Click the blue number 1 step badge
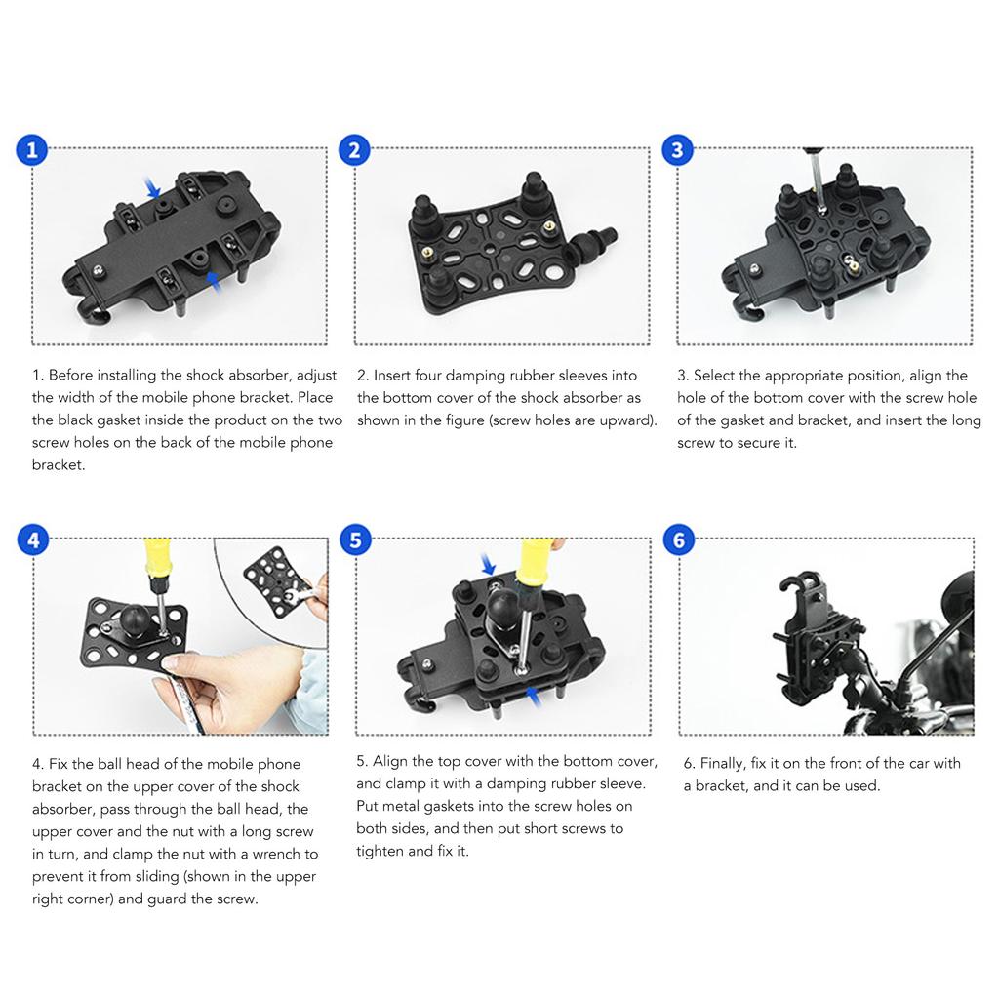(32, 149)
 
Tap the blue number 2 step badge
(354, 150)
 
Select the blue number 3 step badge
(677, 149)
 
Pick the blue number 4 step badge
(33, 540)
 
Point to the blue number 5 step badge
(355, 539)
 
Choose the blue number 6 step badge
(679, 540)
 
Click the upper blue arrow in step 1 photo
(152, 188)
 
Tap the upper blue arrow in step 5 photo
(488, 564)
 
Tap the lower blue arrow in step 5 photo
(534, 697)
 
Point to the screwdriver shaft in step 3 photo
(817, 177)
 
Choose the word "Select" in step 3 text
(716, 376)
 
